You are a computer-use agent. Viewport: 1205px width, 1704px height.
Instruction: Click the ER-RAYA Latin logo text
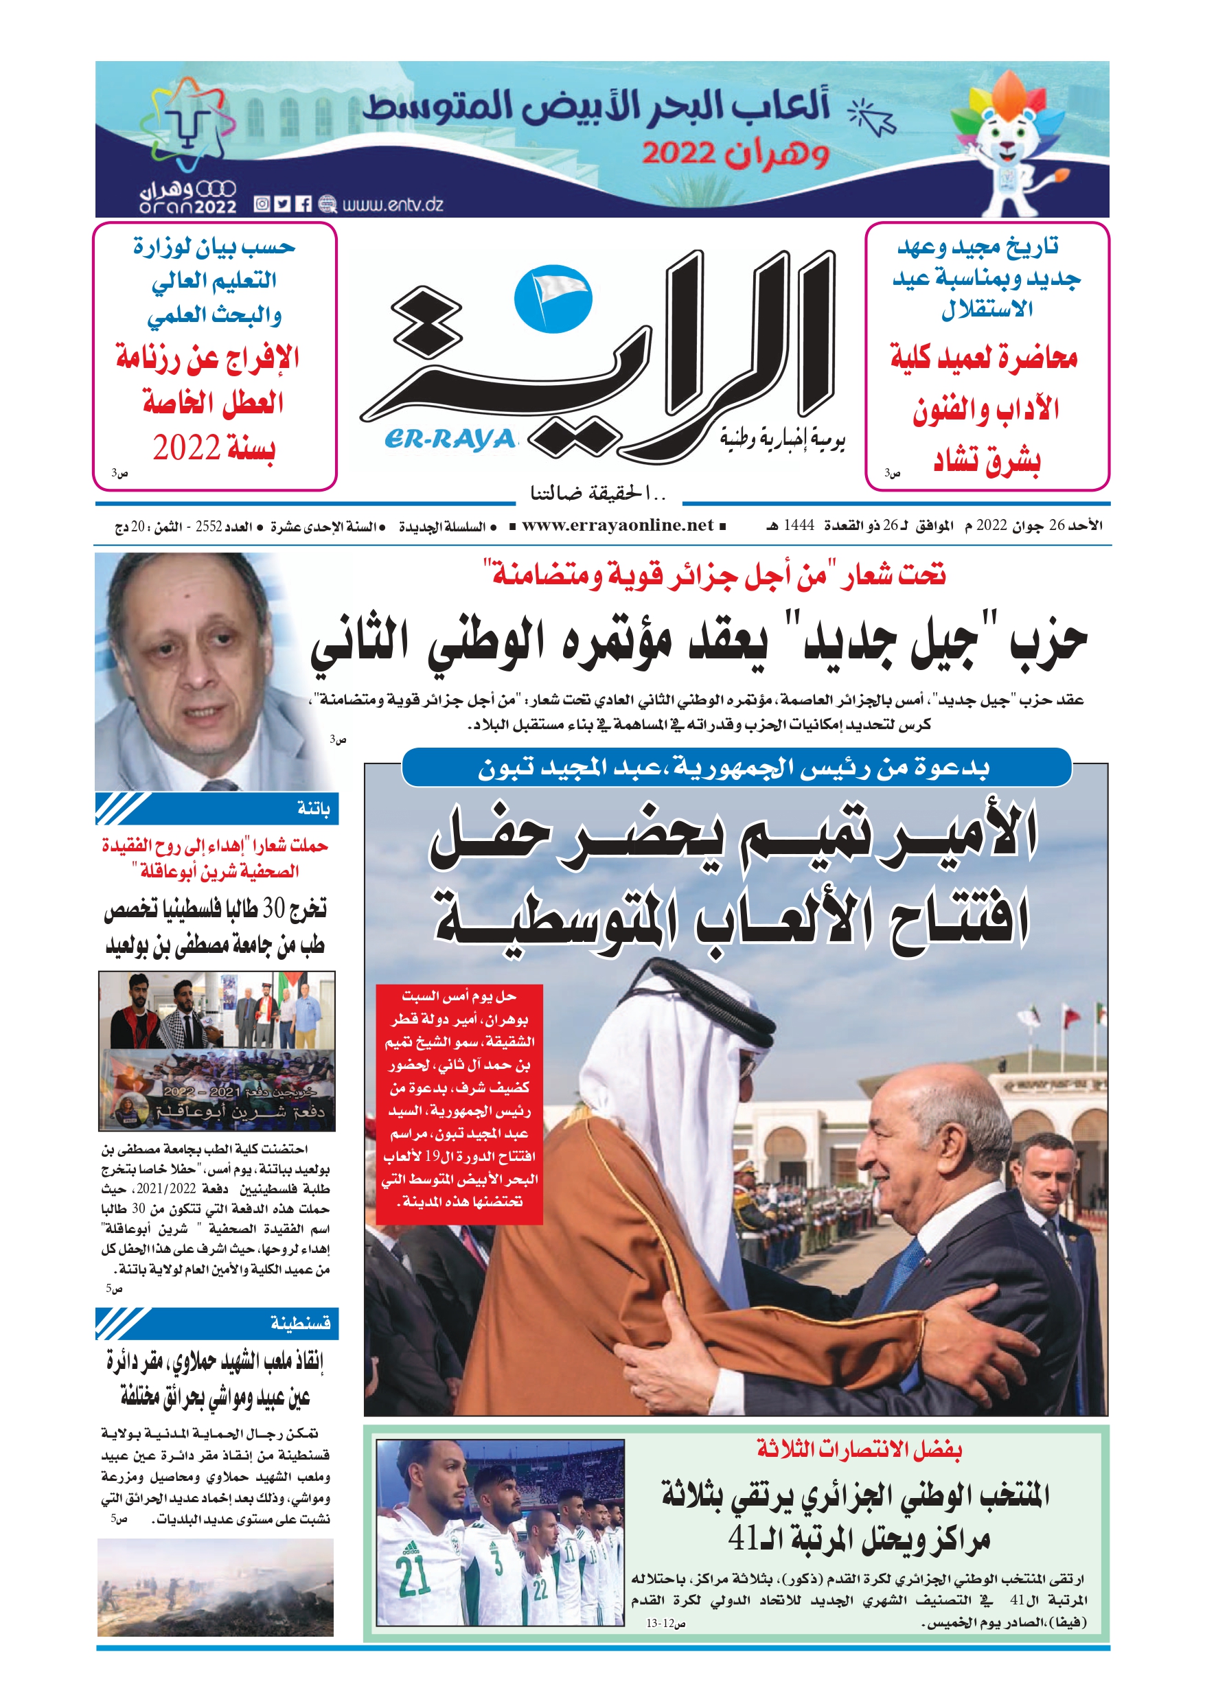[x=450, y=439]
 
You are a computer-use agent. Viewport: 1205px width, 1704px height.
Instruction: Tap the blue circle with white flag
[x=553, y=297]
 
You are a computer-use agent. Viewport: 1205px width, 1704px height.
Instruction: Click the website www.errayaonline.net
[x=618, y=525]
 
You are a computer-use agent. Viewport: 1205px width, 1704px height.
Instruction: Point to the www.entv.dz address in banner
[x=393, y=204]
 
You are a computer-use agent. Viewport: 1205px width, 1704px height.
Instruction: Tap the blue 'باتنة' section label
[x=313, y=808]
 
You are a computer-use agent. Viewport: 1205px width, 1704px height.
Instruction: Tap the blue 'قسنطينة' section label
[x=301, y=1322]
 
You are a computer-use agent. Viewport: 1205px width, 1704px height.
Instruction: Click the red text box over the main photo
[x=459, y=1102]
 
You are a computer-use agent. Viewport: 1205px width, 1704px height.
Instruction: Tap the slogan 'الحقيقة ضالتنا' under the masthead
[x=597, y=493]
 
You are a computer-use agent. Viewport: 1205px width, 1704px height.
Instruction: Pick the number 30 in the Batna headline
[x=274, y=908]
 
